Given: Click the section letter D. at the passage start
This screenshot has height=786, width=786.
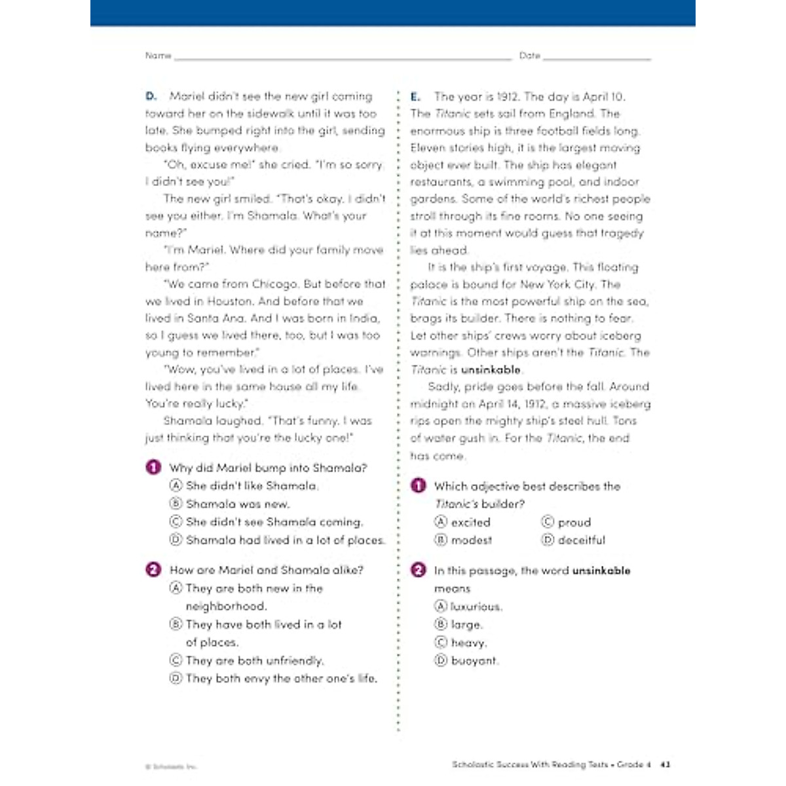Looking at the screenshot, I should [x=151, y=96].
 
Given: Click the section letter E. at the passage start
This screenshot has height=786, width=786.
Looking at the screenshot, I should [x=416, y=97].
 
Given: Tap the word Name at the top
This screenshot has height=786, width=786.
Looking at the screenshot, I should [x=158, y=56].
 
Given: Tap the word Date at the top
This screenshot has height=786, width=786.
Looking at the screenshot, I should [x=529, y=56].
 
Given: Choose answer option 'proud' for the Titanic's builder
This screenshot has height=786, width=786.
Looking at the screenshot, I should [x=574, y=523].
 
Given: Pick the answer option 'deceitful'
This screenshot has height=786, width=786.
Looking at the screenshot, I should [x=581, y=540].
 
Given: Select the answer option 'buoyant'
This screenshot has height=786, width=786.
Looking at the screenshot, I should [x=474, y=661].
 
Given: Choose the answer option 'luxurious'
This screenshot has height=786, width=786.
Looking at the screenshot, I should [x=476, y=607].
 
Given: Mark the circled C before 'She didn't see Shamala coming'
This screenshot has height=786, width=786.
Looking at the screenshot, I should [x=176, y=522].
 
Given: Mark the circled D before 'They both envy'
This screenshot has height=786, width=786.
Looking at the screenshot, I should [x=176, y=679].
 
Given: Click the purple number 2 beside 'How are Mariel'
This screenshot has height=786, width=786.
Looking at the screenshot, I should [x=153, y=570].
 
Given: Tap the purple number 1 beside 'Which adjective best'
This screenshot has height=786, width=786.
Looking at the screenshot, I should [x=418, y=486].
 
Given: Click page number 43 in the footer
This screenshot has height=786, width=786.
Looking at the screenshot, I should [x=665, y=764].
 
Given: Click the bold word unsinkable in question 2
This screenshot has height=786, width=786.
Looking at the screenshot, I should [x=601, y=571].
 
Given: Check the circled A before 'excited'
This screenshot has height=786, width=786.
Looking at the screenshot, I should [x=441, y=522].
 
